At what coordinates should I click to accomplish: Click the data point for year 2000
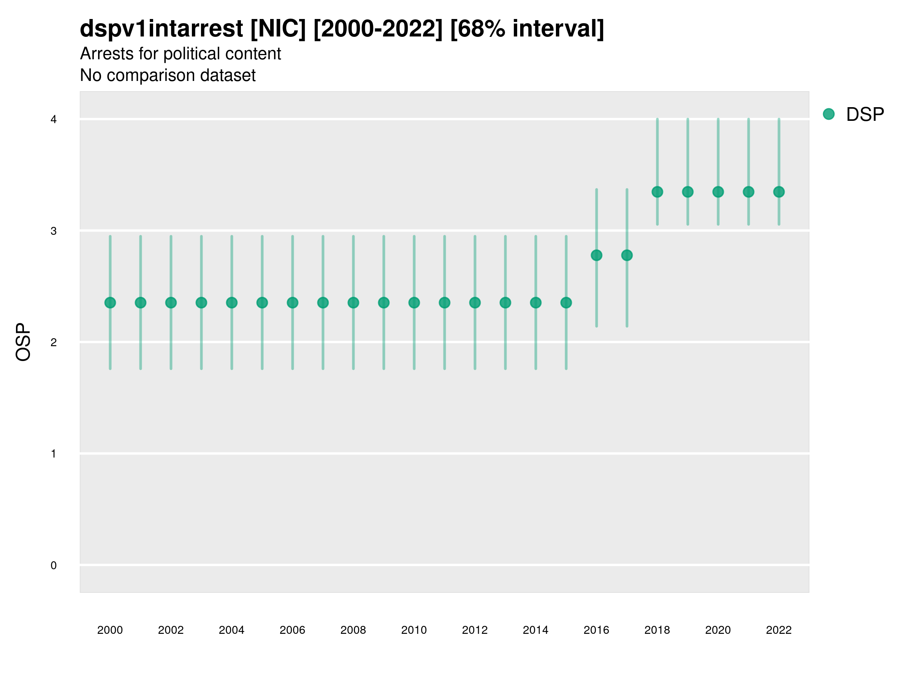click(x=110, y=302)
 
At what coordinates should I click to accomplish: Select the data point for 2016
click(x=596, y=255)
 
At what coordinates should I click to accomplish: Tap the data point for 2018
click(x=657, y=192)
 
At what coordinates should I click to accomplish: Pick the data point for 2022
click(x=778, y=192)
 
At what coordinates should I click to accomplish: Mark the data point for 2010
click(x=414, y=302)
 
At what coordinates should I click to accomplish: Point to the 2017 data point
click(x=627, y=255)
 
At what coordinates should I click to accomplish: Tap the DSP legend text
click(x=864, y=115)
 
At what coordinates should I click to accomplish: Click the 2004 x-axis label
click(x=231, y=630)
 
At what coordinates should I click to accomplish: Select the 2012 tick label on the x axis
click(x=475, y=630)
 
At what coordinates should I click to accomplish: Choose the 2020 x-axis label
click(x=718, y=630)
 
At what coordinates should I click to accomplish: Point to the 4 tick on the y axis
click(x=54, y=120)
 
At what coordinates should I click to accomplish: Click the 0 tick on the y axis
click(x=54, y=565)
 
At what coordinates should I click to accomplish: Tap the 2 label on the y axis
click(x=54, y=342)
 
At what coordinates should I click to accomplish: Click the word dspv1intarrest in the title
click(x=161, y=29)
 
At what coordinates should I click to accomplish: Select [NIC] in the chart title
click(x=278, y=29)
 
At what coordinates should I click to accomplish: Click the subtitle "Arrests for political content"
click(x=180, y=54)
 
